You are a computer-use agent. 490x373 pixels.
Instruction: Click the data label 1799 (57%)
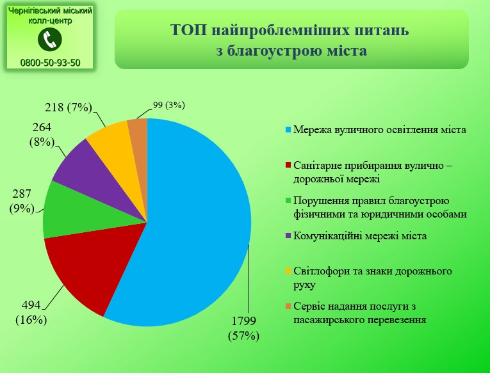pos(244,328)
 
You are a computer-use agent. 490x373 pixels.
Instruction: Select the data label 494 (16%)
pos(31,312)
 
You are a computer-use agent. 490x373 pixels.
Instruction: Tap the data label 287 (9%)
pos(22,201)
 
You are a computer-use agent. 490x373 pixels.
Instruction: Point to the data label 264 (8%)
pos(42,135)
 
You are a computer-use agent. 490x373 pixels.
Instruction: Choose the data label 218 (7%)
pos(69,107)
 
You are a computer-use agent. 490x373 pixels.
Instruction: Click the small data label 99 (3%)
pos(168,105)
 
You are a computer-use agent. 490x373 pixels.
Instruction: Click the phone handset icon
pos(50,39)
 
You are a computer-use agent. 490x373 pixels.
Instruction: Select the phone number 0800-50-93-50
pos(51,63)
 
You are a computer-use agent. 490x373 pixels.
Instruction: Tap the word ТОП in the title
pos(189,31)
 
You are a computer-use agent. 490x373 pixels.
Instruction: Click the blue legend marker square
pos(288,129)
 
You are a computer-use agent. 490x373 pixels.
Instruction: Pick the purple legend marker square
pos(288,235)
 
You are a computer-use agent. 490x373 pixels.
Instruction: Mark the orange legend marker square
pos(288,306)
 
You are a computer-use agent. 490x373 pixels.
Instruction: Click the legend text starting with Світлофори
pos(373,278)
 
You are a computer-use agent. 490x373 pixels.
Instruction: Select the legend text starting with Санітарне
pos(373,172)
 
